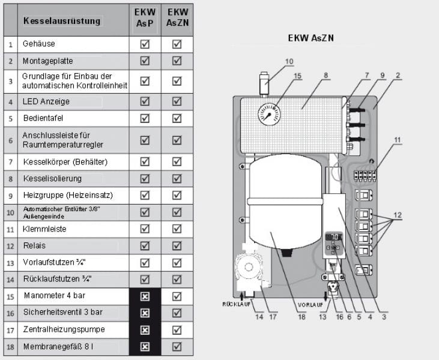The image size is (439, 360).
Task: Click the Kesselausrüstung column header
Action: click(x=62, y=20)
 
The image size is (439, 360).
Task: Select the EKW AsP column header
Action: click(x=145, y=20)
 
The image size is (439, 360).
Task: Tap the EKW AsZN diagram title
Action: click(x=311, y=38)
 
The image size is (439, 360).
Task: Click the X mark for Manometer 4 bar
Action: click(x=145, y=296)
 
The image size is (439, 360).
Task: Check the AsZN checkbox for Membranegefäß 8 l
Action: click(x=177, y=346)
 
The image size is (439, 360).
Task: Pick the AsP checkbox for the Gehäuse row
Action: click(x=145, y=44)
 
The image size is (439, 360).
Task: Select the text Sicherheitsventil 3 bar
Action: click(x=62, y=313)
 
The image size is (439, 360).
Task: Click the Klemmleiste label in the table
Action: click(x=44, y=229)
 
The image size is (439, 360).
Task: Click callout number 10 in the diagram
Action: click(x=289, y=61)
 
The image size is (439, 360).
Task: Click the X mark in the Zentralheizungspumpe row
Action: click(x=145, y=329)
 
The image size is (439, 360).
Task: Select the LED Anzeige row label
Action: click(x=46, y=101)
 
